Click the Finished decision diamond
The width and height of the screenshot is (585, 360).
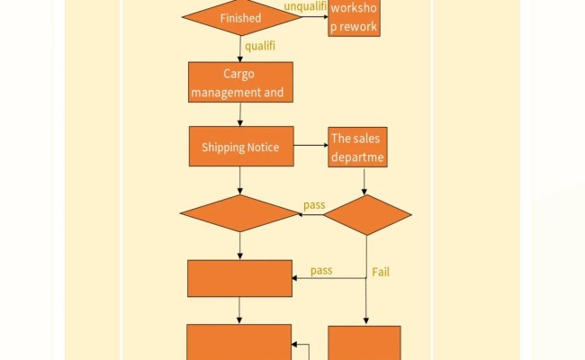click(240, 17)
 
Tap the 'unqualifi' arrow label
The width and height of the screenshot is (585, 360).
click(304, 7)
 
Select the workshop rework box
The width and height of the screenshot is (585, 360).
click(353, 18)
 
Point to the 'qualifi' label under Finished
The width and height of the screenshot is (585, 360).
click(260, 44)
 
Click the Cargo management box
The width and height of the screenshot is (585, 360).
click(240, 82)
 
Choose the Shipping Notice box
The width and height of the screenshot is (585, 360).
click(240, 147)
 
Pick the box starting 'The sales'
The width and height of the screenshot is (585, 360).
click(357, 148)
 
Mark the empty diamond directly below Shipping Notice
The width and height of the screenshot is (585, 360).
click(239, 213)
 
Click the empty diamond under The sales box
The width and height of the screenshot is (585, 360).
click(366, 214)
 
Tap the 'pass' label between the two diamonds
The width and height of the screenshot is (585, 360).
click(314, 205)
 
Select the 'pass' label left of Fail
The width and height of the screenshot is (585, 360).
click(321, 270)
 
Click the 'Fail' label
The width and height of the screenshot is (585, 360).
click(380, 272)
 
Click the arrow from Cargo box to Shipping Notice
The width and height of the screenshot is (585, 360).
click(240, 113)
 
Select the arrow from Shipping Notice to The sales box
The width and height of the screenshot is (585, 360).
click(310, 146)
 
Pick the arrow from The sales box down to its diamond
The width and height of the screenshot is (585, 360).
click(363, 181)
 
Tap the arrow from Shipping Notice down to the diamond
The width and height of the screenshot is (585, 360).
click(240, 180)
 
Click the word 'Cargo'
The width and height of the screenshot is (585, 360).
click(240, 74)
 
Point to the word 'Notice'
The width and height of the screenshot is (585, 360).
click(264, 148)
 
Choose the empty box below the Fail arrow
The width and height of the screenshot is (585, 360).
click(364, 343)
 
